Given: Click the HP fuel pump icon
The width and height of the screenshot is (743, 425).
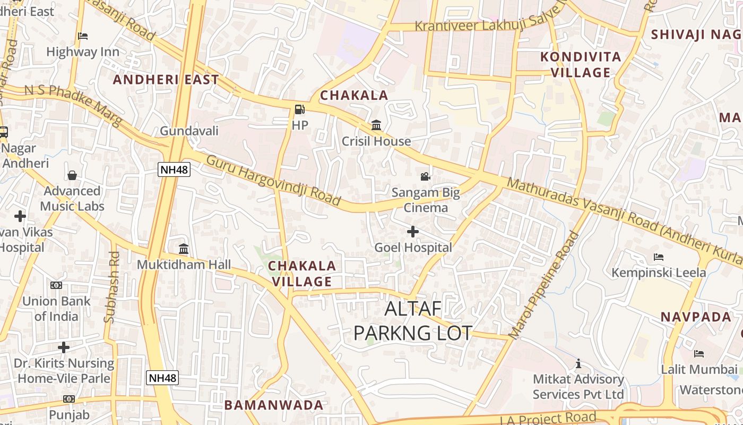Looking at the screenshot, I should click(x=299, y=109).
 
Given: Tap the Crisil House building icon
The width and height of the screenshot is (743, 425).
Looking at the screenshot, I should click(x=376, y=125).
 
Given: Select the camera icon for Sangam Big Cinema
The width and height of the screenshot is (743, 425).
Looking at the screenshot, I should click(x=425, y=176).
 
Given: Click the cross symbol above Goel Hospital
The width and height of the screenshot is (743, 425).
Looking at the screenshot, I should click(x=413, y=232).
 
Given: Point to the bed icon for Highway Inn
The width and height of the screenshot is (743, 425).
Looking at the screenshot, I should click(x=83, y=36).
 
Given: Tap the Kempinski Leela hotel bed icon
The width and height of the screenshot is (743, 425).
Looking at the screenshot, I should click(x=659, y=257).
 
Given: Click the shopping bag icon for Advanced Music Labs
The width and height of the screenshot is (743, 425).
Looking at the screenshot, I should click(x=72, y=175).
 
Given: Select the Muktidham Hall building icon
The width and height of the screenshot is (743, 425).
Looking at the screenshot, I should click(x=184, y=249).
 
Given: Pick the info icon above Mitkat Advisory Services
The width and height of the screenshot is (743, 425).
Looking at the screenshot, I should click(x=578, y=363).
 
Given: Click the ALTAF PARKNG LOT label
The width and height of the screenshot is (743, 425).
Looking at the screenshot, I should click(x=412, y=321).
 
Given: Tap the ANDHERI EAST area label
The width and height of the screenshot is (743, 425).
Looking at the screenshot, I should click(x=166, y=80).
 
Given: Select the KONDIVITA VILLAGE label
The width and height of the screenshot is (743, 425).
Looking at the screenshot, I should click(x=580, y=64).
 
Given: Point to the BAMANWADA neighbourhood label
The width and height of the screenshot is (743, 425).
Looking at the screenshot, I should click(x=273, y=405).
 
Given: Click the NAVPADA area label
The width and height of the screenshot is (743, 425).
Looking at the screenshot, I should click(x=696, y=317).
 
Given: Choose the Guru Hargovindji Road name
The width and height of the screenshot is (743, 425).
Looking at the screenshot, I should click(x=273, y=181).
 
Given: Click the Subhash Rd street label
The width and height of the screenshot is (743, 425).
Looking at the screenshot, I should click(x=113, y=287).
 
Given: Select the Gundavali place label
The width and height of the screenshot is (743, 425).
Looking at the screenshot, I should click(x=189, y=131).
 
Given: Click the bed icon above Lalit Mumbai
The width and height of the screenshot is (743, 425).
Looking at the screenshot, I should click(x=699, y=354).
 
